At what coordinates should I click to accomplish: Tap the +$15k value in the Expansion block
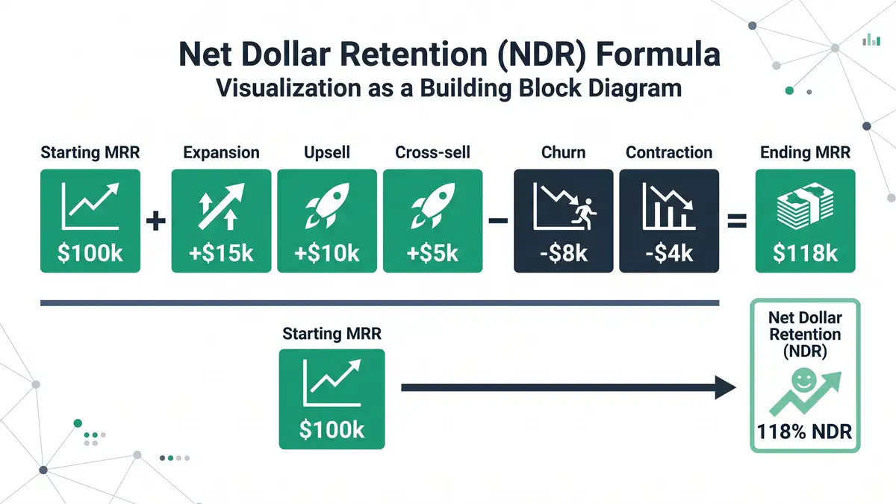point(222,252)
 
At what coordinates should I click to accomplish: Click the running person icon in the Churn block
point(585,217)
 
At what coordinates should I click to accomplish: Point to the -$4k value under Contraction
point(669,252)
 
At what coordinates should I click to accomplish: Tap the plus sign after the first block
point(155,221)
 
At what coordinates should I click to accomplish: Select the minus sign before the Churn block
point(498,221)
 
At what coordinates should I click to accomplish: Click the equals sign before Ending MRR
point(737,221)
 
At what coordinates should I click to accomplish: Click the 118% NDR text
point(804,432)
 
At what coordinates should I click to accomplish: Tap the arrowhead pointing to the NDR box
point(725,388)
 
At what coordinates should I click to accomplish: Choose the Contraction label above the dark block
point(669,153)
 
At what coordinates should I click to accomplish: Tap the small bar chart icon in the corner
point(871,40)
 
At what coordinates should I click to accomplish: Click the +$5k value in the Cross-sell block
point(432,252)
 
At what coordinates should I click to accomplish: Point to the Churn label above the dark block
point(563,153)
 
